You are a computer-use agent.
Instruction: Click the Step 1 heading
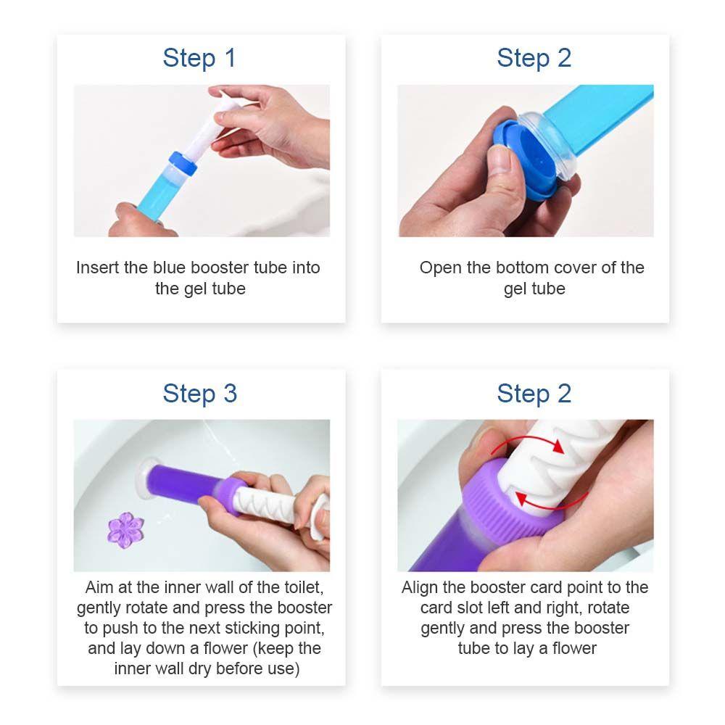click(x=199, y=58)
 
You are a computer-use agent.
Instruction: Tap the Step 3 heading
click(x=200, y=394)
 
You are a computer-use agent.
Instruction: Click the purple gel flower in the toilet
click(x=125, y=530)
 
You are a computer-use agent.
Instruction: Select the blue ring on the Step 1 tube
click(x=183, y=163)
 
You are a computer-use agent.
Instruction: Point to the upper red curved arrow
click(x=527, y=440)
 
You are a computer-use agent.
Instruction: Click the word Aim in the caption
click(x=99, y=587)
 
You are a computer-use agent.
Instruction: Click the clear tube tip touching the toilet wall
click(x=149, y=479)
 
